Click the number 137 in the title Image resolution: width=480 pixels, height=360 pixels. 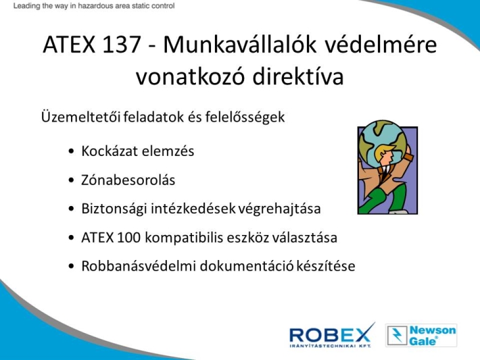tap(122, 45)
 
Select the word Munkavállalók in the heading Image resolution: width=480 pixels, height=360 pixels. tap(240, 45)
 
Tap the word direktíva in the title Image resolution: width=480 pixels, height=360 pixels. tap(298, 76)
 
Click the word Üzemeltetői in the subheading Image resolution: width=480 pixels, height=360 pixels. tap(81, 117)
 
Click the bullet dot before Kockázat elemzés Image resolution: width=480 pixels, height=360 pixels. tap(72, 151)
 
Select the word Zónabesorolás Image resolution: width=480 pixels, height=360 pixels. tap(128, 180)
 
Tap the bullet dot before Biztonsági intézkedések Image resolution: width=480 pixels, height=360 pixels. tap(72, 209)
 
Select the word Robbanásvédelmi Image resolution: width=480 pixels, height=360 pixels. tap(139, 266)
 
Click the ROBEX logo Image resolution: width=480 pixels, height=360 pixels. tap(332, 335)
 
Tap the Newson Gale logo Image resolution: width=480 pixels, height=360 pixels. tap(421, 336)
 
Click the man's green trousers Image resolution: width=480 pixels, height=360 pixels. tap(387, 199)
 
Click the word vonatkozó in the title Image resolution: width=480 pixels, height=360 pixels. tap(190, 76)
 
